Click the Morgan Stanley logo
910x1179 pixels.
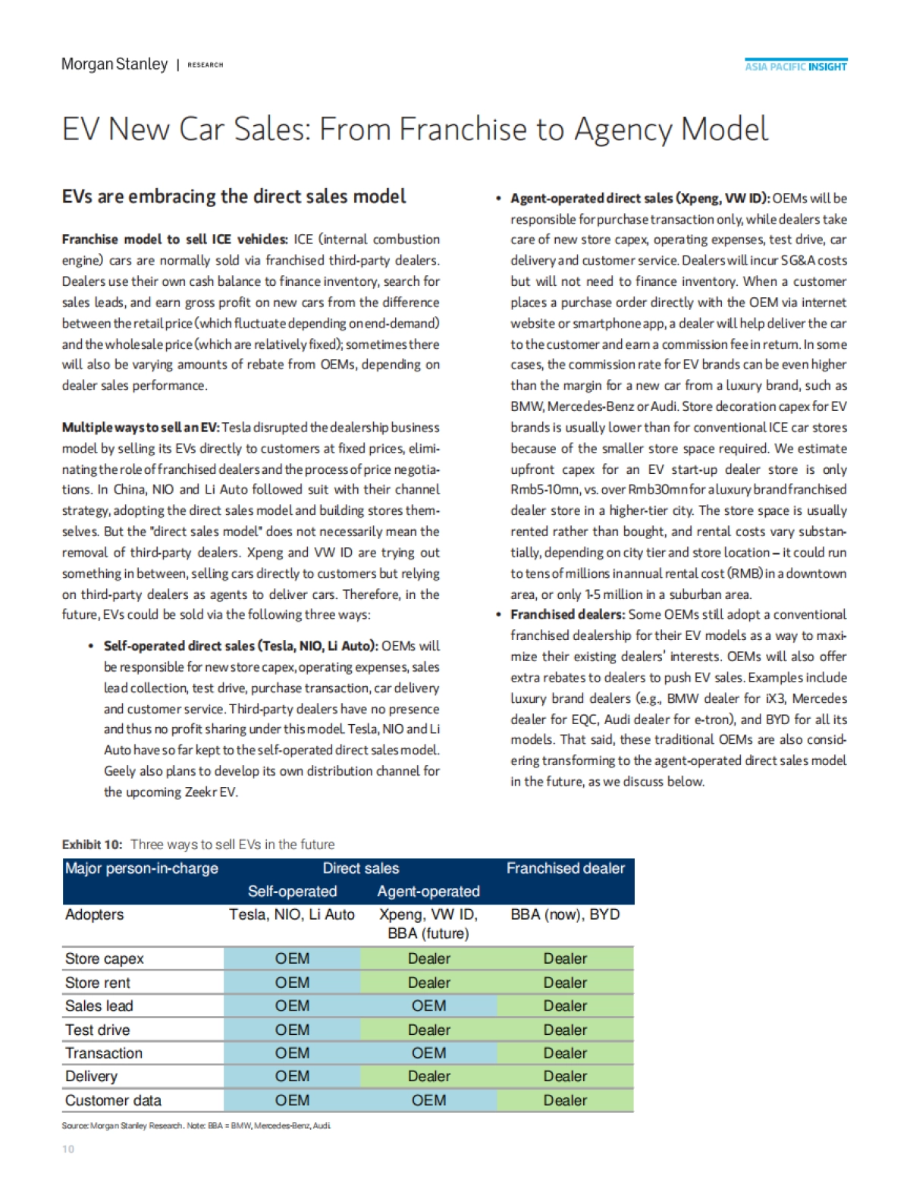(115, 64)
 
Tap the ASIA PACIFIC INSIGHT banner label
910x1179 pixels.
(795, 67)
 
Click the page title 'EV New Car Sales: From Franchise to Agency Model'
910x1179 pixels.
(415, 130)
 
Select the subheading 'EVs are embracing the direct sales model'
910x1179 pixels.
(234, 196)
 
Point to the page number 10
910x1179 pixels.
(68, 1149)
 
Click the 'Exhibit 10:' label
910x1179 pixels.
(92, 845)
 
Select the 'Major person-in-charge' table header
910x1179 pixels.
(142, 869)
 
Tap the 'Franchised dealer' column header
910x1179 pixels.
(565, 869)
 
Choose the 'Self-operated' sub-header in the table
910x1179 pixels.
(292, 892)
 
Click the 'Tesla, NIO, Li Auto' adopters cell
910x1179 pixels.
(292, 915)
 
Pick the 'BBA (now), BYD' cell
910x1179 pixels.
(565, 915)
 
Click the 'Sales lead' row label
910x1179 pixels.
(99, 1006)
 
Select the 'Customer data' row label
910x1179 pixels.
(113, 1101)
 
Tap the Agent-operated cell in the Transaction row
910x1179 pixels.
(428, 1053)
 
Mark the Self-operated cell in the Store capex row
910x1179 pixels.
(292, 959)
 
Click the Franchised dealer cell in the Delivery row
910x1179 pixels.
(565, 1077)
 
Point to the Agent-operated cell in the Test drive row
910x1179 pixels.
(428, 1030)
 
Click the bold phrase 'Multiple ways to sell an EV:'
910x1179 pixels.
(140, 428)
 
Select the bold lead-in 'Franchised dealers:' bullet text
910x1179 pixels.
(567, 615)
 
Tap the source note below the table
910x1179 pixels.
(196, 1126)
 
